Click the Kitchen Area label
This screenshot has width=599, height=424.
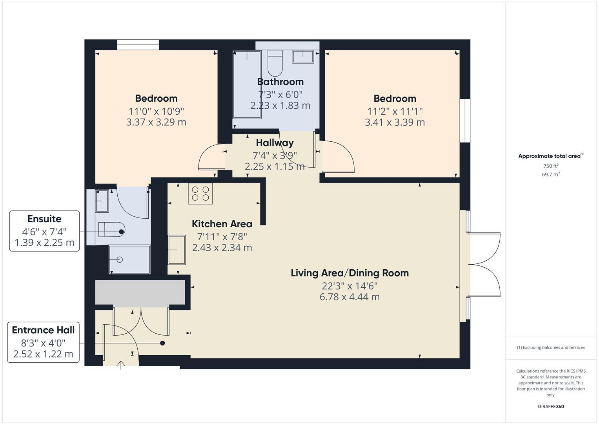(x=222, y=224)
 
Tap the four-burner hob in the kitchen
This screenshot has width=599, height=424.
(x=200, y=194)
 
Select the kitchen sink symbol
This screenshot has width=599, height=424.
(x=177, y=250)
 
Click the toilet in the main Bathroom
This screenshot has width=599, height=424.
(x=275, y=64)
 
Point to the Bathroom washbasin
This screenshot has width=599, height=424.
(x=303, y=57)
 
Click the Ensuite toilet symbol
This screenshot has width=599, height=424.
(x=111, y=230)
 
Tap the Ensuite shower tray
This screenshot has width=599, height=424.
(x=129, y=260)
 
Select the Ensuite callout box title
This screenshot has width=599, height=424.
(x=44, y=219)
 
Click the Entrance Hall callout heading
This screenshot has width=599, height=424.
(x=43, y=330)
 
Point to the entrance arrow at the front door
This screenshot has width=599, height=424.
(x=121, y=365)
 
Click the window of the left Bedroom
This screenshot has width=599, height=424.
(x=138, y=45)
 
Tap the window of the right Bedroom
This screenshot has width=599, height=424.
(x=465, y=120)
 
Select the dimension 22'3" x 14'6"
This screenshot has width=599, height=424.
(x=350, y=285)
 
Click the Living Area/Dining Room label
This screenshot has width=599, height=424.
(x=350, y=273)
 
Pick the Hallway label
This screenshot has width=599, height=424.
(x=275, y=143)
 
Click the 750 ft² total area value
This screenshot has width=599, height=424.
(x=551, y=166)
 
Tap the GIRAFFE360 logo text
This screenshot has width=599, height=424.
(x=551, y=407)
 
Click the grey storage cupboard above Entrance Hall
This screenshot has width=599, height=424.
(x=140, y=292)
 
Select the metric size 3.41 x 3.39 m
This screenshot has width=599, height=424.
(x=395, y=122)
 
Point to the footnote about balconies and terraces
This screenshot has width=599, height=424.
(x=551, y=347)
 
